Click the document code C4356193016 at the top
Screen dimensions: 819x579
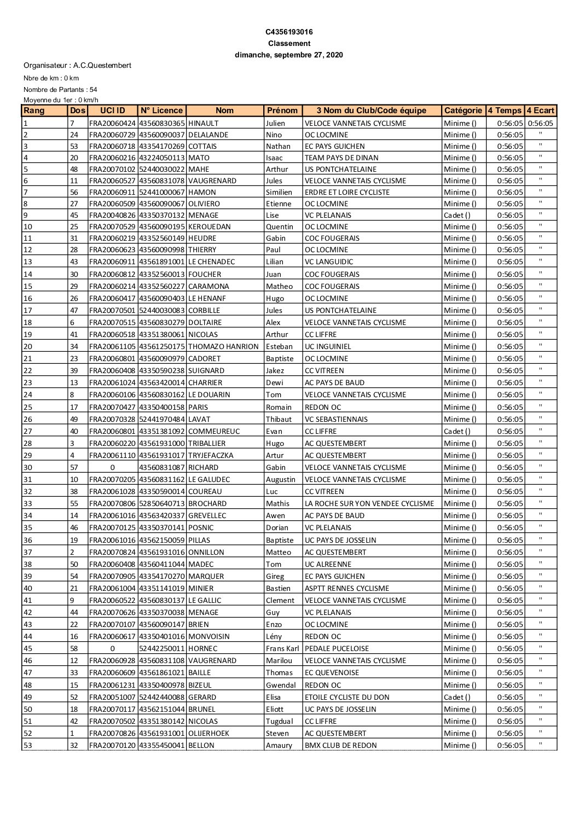click(289, 32)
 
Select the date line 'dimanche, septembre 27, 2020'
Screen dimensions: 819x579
click(289, 55)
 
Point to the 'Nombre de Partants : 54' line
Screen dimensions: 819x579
click(60, 90)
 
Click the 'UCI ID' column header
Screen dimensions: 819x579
click(113, 111)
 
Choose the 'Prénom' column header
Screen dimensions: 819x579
click(282, 111)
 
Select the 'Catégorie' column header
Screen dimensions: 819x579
click(463, 111)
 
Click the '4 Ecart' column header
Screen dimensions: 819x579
click(540, 111)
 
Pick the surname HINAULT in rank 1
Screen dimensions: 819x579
click(203, 124)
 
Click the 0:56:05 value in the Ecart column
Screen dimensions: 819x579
click(540, 124)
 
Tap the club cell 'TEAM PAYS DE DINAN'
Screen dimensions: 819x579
click(341, 158)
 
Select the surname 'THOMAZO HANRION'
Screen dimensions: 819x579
click(223, 347)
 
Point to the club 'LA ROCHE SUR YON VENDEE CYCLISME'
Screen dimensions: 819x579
click(369, 504)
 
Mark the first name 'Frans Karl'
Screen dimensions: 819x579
click(282, 649)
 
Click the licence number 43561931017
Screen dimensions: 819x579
click(162, 456)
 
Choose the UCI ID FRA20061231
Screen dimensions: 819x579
click(112, 686)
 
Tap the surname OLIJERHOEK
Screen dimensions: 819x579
click(209, 734)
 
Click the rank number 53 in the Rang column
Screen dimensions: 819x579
click(27, 746)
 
